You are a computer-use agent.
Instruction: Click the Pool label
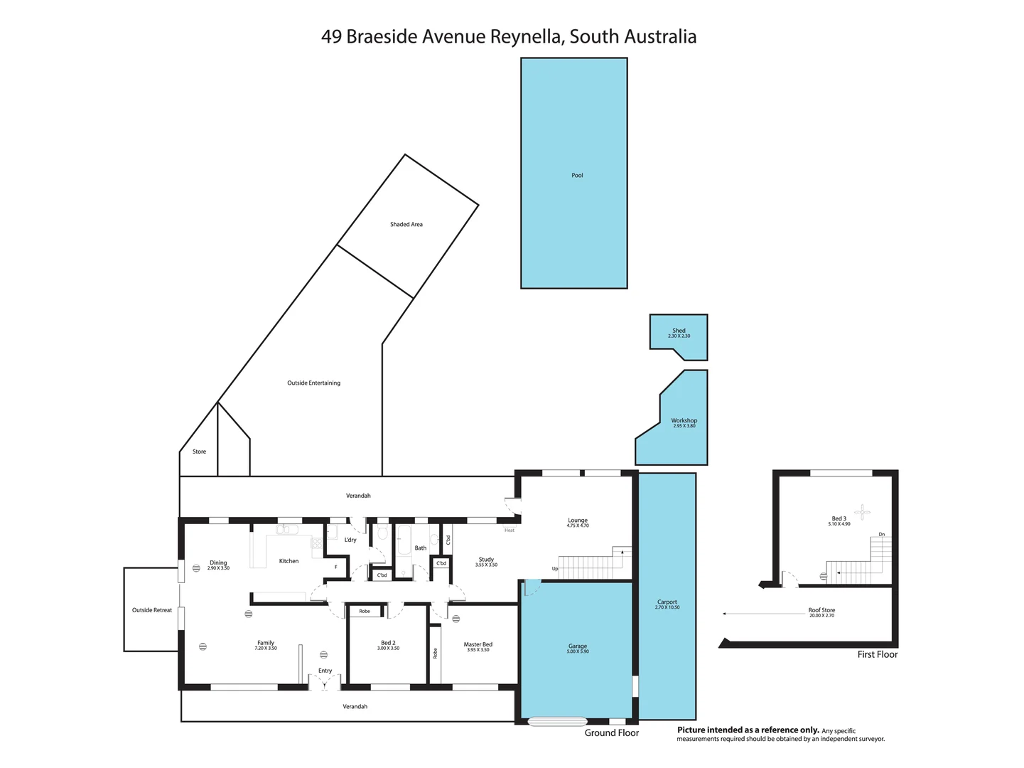tap(577, 175)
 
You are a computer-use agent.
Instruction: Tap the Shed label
tap(679, 331)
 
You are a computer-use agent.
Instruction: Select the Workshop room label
tap(684, 422)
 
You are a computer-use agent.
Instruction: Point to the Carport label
tap(667, 603)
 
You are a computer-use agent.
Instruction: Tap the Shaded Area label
tap(406, 224)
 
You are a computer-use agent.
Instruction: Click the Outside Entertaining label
tap(313, 383)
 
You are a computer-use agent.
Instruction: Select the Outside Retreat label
tap(152, 610)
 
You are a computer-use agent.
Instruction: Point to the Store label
tap(199, 452)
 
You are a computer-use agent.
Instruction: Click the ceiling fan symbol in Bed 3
tap(862, 511)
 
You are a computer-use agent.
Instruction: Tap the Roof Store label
tap(821, 611)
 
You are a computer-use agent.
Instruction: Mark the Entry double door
tap(325, 683)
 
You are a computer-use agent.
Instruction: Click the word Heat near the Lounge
tap(509, 530)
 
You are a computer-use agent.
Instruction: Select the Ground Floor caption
tap(611, 732)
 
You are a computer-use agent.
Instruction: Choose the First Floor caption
tap(877, 654)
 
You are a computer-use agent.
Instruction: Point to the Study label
tap(486, 560)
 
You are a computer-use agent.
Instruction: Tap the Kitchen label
tap(289, 561)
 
